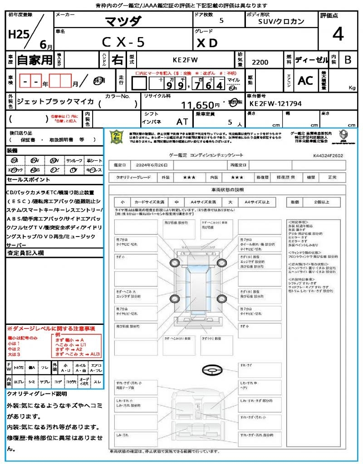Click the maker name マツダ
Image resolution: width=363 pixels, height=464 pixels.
point(123,21)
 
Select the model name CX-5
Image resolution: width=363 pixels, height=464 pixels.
point(123,42)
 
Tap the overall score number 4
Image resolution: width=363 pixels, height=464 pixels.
point(337,34)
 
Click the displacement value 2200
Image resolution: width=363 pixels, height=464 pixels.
point(260,62)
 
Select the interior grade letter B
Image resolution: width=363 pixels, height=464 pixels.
point(348,59)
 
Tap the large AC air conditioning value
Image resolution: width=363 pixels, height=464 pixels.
point(305,81)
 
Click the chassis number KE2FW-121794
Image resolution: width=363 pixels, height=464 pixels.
point(275,104)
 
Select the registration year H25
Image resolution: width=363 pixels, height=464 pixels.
point(18,34)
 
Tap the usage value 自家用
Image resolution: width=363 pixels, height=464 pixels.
point(34,59)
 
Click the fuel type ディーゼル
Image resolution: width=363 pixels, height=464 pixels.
point(311,59)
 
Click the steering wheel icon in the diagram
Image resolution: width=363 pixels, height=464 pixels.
point(211,370)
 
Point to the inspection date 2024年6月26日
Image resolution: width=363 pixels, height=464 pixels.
point(150,164)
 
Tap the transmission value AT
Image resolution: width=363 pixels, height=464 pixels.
point(182,121)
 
